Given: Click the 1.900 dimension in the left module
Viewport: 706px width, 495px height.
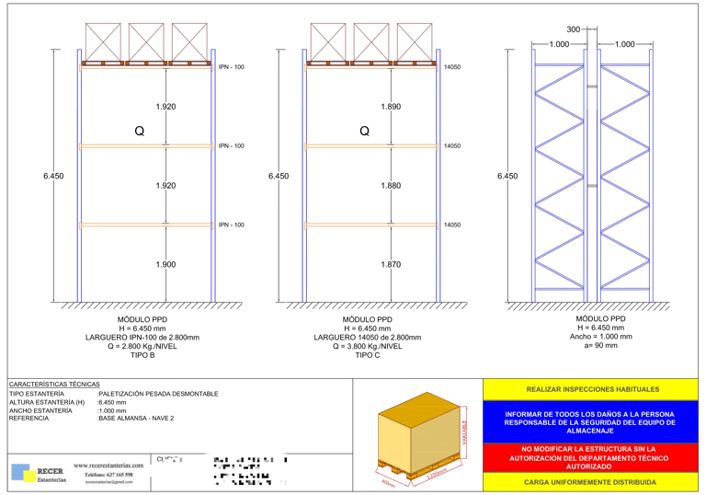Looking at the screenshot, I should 165,265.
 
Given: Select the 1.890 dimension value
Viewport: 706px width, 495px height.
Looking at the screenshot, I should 391,107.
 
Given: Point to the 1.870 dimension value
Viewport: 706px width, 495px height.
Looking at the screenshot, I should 391,265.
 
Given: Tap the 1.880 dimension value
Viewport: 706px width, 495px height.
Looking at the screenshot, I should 391,186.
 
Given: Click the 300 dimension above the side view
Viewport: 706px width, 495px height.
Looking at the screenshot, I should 575,29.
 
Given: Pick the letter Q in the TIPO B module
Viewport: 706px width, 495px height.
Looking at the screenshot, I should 140,132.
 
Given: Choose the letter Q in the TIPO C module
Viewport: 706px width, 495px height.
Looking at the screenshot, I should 365,132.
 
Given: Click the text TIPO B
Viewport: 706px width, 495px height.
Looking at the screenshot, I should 142,354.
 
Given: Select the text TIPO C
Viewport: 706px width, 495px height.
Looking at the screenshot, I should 367,354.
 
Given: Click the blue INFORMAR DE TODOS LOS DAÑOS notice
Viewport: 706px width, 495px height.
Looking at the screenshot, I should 590,422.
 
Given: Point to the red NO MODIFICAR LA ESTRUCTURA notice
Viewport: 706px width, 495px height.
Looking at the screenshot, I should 590,457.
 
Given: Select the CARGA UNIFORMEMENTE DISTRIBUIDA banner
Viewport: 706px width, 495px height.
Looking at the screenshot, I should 590,482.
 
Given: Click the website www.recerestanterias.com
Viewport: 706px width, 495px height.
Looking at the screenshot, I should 108,466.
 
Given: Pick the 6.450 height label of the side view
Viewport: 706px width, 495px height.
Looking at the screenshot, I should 507,176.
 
